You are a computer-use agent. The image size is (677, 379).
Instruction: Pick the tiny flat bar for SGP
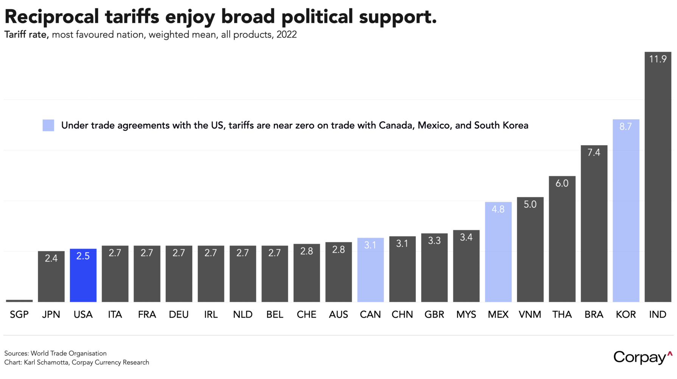(19, 301)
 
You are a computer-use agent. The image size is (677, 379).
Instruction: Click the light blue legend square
(48, 125)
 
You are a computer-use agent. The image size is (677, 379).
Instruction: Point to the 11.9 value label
(658, 59)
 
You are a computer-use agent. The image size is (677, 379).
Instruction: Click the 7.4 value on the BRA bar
(594, 152)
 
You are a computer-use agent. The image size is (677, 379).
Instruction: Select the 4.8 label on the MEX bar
(498, 209)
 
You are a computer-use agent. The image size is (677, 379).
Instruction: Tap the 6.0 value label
(562, 183)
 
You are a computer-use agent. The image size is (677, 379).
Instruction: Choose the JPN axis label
(51, 315)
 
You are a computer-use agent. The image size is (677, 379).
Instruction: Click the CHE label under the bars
(307, 315)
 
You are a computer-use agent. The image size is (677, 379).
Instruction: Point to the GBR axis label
(434, 315)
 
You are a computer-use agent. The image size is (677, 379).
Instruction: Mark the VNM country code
(530, 315)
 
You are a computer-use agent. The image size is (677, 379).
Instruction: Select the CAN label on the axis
(370, 315)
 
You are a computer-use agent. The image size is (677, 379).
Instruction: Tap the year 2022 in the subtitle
(286, 35)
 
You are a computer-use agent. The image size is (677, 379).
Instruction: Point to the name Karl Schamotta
(46, 363)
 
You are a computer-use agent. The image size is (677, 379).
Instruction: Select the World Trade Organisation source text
(68, 354)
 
